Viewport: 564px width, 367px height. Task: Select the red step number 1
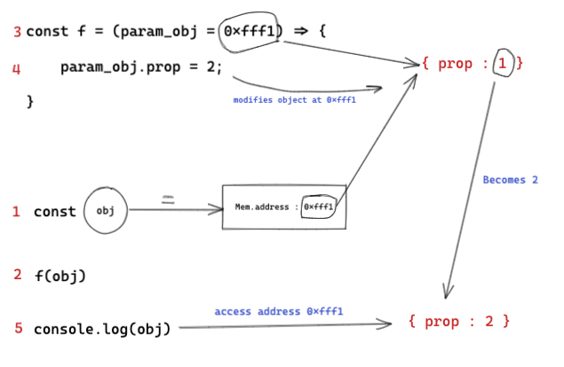coord(16,211)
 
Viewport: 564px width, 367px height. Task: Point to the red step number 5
coord(18,328)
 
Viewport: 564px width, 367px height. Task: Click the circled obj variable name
coord(106,212)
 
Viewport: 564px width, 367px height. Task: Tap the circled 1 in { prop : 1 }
coord(502,63)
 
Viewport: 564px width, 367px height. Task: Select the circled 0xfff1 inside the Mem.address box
coord(319,207)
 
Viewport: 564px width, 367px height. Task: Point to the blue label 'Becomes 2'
coord(510,180)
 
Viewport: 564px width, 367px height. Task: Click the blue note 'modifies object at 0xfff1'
coord(294,100)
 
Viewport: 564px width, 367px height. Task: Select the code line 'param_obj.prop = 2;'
coord(141,67)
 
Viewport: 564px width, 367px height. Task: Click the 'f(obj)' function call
coord(60,275)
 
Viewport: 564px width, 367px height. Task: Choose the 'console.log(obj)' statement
coord(101,329)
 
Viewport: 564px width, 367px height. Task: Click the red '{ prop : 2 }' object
coord(458,319)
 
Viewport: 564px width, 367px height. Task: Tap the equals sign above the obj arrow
coord(168,200)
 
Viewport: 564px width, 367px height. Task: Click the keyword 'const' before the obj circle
coord(54,212)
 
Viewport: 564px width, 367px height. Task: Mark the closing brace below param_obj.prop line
coord(29,101)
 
